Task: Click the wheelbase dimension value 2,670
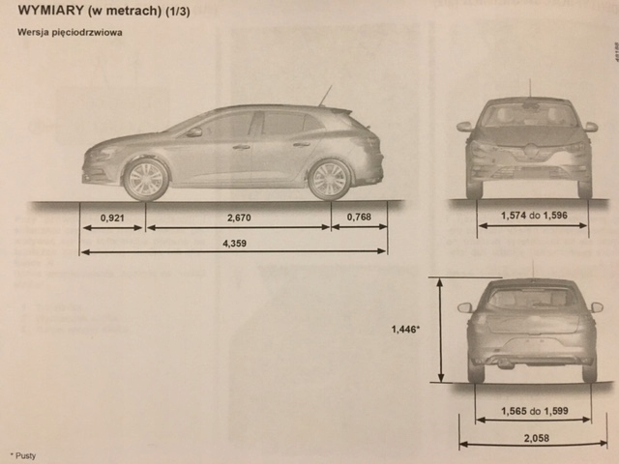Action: [237, 218]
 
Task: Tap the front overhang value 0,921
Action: [112, 218]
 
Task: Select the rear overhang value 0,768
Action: [358, 218]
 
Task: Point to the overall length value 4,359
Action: [234, 243]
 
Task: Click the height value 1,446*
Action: [404, 330]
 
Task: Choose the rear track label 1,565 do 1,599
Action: [533, 411]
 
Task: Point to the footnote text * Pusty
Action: [23, 454]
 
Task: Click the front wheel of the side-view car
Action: [147, 179]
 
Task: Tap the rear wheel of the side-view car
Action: [329, 179]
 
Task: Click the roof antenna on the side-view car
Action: [325, 96]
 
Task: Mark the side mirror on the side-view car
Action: [194, 131]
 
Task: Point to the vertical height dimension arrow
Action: [441, 330]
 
